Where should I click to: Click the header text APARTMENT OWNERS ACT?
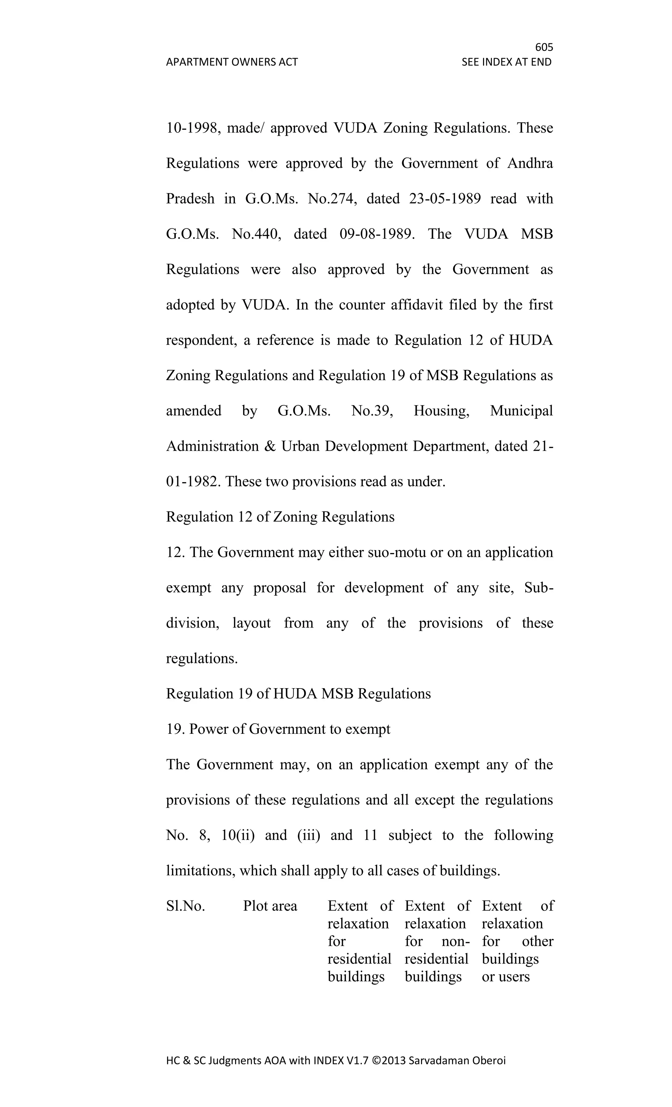click(232, 62)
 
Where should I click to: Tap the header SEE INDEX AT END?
click(506, 62)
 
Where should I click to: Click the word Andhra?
click(530, 163)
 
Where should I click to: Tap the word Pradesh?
click(190, 199)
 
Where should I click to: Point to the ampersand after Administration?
click(270, 446)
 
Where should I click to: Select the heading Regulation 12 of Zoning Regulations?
click(280, 517)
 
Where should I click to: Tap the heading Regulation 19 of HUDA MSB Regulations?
click(298, 694)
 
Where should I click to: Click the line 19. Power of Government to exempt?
click(278, 729)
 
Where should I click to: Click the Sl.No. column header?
click(185, 906)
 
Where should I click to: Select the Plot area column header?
click(270, 906)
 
